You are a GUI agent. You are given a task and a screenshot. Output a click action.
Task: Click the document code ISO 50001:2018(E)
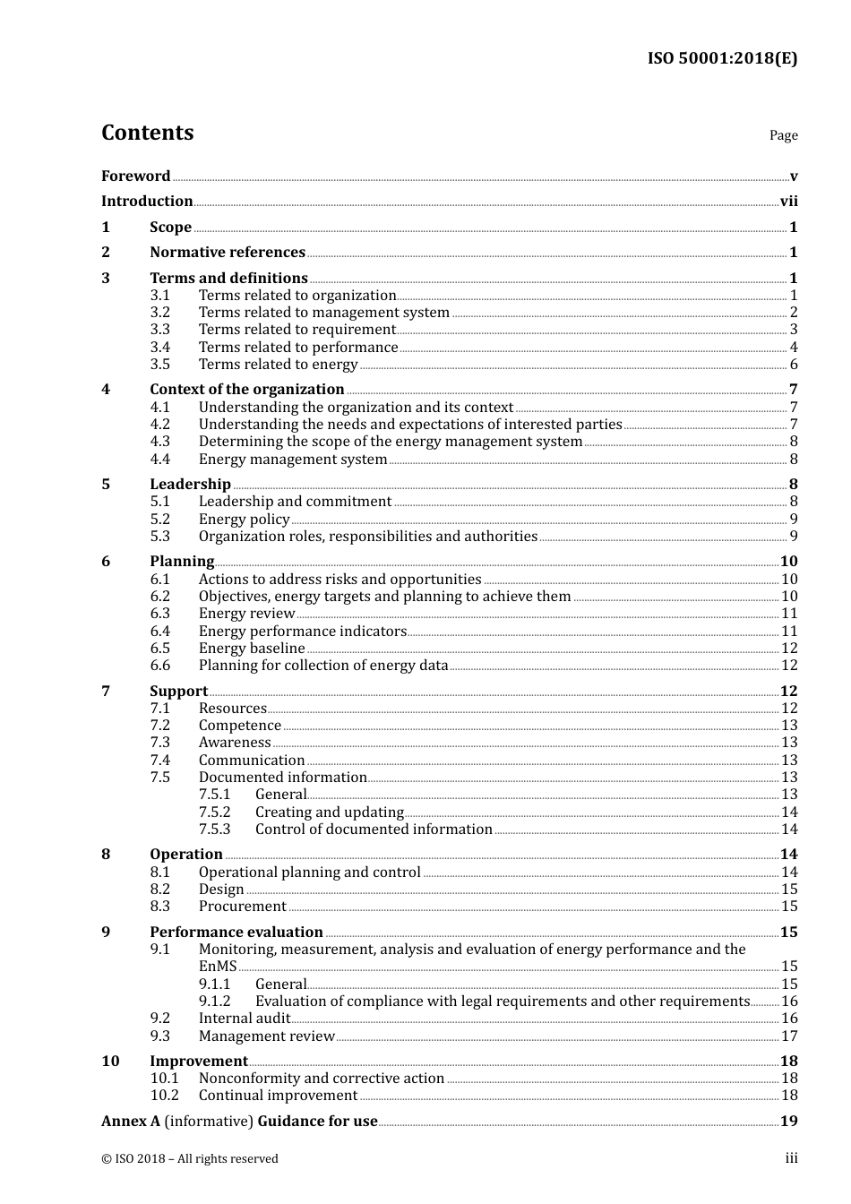tap(722, 58)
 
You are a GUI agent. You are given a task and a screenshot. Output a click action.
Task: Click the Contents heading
tap(147, 133)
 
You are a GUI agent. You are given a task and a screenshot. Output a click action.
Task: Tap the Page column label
tap(783, 135)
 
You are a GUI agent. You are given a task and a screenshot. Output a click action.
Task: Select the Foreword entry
tap(135, 176)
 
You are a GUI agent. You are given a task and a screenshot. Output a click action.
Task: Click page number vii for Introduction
tap(788, 202)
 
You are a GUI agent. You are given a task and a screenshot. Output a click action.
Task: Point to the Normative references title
tap(228, 253)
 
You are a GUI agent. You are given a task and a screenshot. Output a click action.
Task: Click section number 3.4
tap(159, 347)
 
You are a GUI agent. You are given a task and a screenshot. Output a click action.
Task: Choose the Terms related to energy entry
tap(278, 365)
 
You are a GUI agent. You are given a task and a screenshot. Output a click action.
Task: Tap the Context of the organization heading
tap(246, 390)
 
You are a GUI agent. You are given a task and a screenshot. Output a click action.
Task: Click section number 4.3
tap(159, 442)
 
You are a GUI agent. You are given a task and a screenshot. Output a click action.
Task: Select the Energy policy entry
tap(244, 520)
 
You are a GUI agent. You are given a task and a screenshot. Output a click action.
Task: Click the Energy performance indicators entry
tap(302, 632)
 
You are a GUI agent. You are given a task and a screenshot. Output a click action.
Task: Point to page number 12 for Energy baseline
tap(789, 649)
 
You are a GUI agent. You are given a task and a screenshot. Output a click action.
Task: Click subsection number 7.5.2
tap(214, 813)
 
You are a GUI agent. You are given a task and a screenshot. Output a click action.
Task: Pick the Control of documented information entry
tap(374, 830)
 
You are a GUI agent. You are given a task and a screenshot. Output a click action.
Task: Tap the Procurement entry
tap(242, 907)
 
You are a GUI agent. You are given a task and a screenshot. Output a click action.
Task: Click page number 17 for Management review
tap(789, 1036)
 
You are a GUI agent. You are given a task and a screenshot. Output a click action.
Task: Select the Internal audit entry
tap(244, 1019)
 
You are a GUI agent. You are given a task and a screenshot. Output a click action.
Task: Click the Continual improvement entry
tap(278, 1096)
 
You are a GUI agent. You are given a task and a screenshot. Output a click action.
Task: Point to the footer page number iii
tap(791, 1158)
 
